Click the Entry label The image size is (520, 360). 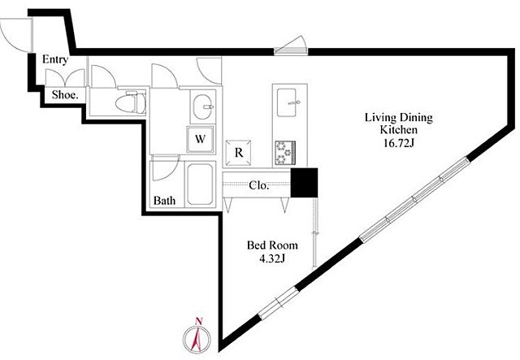click(55, 59)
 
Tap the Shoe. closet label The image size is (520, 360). click(65, 95)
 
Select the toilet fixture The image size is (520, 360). click(131, 102)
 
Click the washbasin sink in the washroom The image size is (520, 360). click(204, 106)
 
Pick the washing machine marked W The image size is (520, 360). click(200, 139)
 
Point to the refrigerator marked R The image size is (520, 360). click(238, 153)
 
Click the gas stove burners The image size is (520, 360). click(285, 153)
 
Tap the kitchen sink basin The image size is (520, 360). click(287, 102)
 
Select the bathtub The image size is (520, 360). click(200, 184)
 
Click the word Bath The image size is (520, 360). click(164, 201)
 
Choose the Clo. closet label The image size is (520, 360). click(258, 185)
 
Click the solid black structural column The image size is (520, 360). click(304, 183)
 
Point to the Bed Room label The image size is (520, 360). click(272, 245)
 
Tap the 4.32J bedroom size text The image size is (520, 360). click(272, 258)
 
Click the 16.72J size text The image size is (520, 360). click(399, 143)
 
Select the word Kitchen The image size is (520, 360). click(399, 130)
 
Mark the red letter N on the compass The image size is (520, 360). click(199, 321)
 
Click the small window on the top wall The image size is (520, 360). click(291, 47)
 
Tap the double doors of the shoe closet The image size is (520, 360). click(65, 78)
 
